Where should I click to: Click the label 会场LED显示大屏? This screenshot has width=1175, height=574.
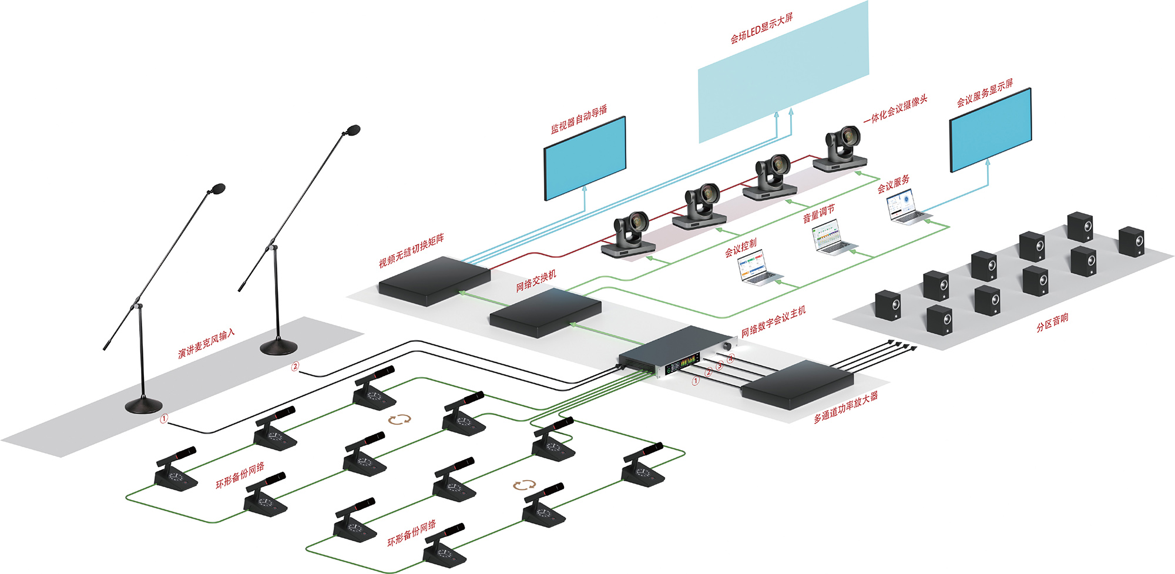click(x=761, y=28)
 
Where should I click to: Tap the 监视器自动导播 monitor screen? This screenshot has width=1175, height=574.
click(x=585, y=157)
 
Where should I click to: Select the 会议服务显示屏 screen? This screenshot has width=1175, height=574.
click(x=991, y=130)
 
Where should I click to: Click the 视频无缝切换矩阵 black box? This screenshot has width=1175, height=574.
click(x=434, y=280)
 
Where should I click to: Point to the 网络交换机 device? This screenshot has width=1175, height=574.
click(x=545, y=312)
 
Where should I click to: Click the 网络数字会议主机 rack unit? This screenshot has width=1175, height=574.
click(x=676, y=352)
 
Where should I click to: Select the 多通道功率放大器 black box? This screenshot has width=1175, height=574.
click(x=797, y=384)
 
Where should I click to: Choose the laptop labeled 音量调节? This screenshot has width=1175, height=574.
click(x=834, y=237)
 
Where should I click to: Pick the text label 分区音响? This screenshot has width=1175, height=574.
click(x=1052, y=323)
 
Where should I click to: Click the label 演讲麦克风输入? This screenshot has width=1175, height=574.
click(x=206, y=343)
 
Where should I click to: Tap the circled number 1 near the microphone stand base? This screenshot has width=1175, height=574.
click(x=164, y=418)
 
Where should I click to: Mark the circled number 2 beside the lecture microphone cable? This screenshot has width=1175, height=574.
click(x=296, y=367)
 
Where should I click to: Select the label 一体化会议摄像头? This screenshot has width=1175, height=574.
click(x=895, y=109)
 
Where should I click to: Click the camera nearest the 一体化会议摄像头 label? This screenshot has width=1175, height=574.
click(x=842, y=149)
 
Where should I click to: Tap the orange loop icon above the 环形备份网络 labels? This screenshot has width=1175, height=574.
click(x=399, y=419)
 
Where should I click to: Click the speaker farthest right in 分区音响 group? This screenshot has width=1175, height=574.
click(x=1131, y=241)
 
